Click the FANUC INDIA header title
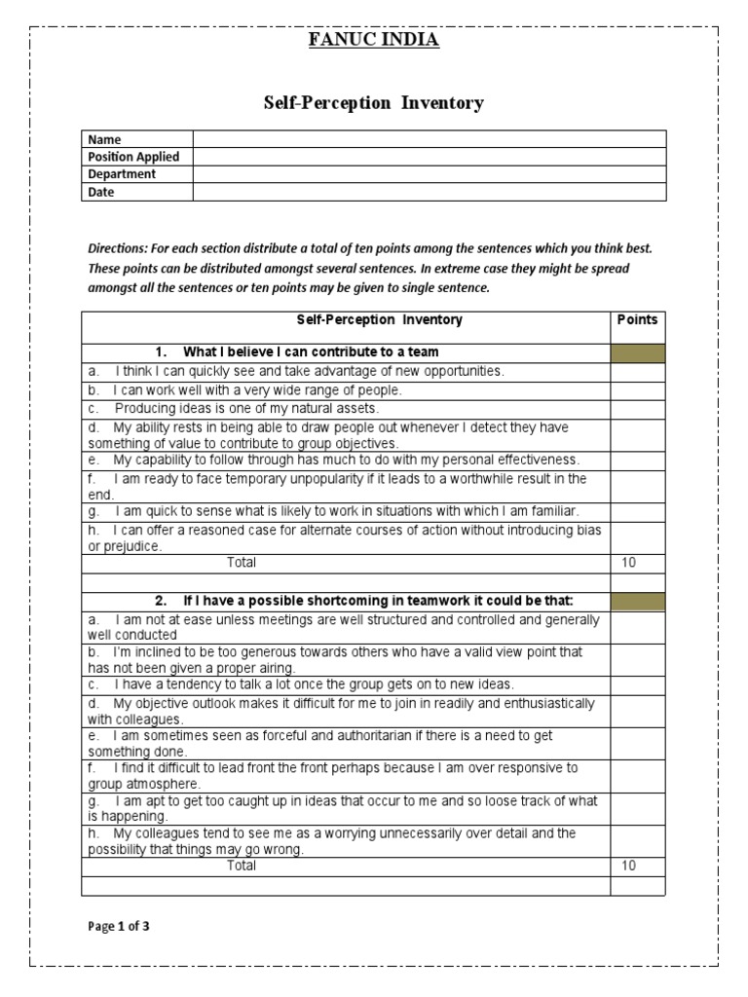click(x=374, y=40)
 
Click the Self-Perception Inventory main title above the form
click(x=374, y=103)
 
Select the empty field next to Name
click(x=430, y=139)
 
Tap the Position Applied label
click(x=134, y=157)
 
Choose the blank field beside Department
click(x=430, y=174)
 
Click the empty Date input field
click(x=430, y=192)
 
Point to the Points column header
click(x=638, y=320)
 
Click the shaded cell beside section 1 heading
click(x=638, y=352)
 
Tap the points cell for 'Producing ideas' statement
click(x=638, y=409)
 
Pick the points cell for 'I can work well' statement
click(x=638, y=390)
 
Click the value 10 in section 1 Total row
click(x=628, y=563)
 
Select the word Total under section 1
click(x=242, y=563)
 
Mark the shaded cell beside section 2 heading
click(x=638, y=602)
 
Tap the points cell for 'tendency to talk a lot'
click(x=638, y=685)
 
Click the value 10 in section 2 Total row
click(x=628, y=866)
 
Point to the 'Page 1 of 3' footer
click(x=119, y=927)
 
